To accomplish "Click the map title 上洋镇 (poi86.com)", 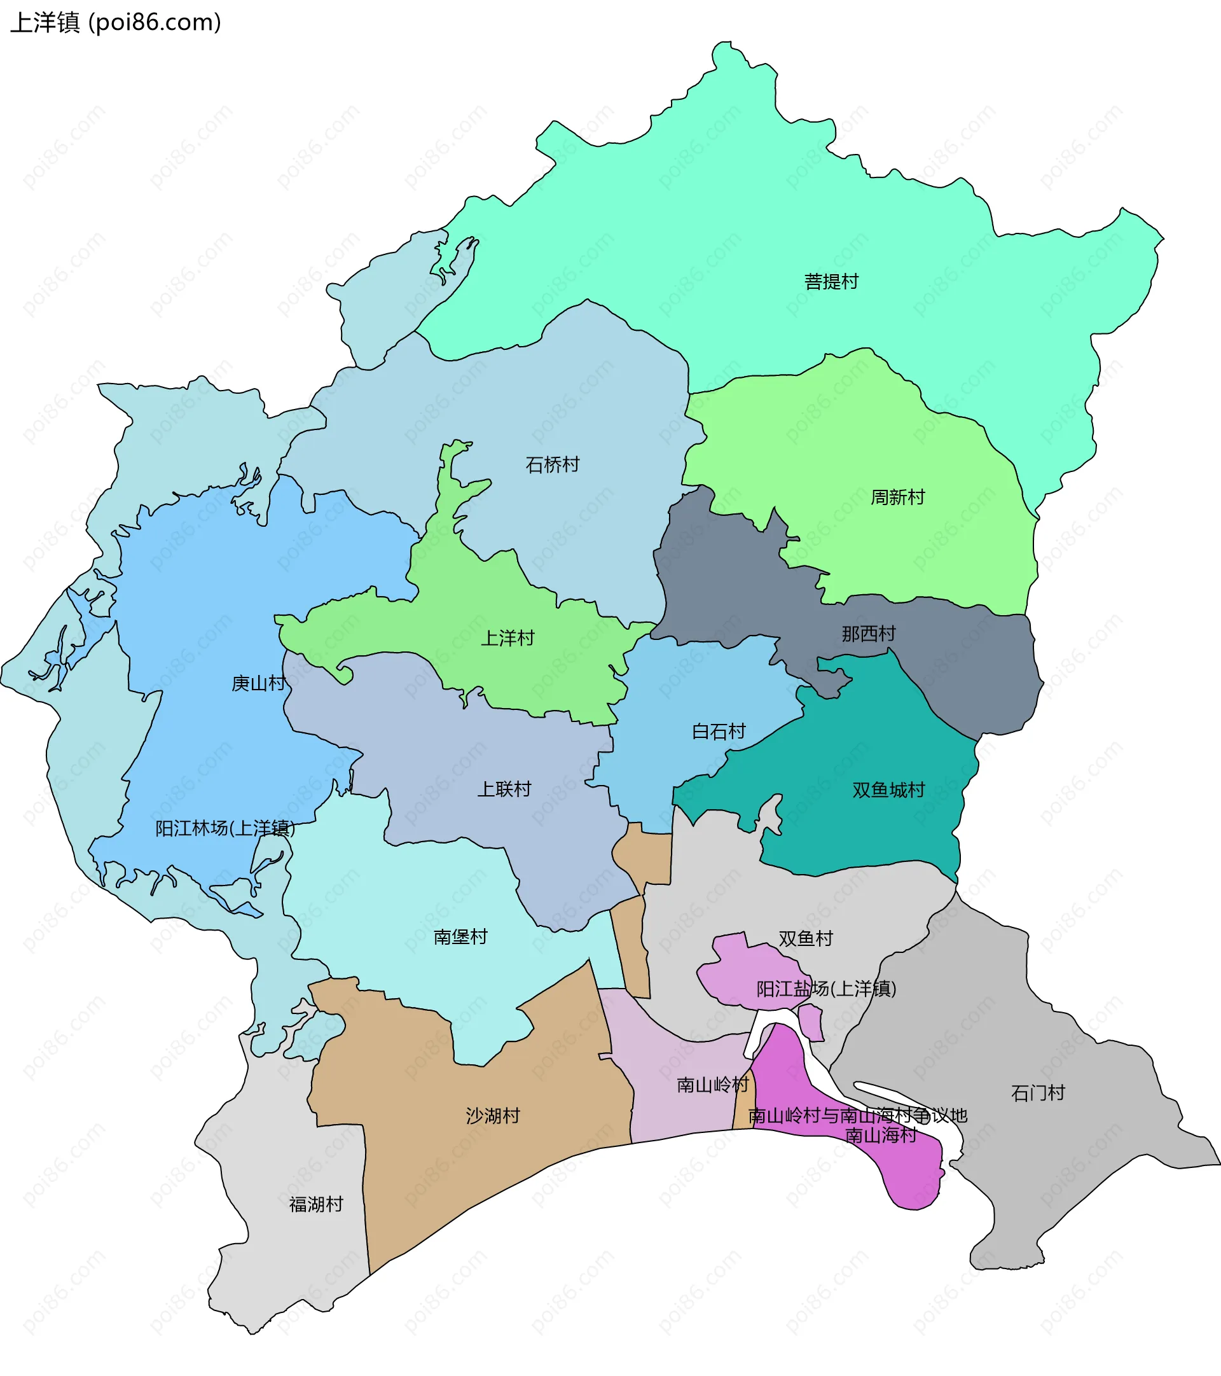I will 116,23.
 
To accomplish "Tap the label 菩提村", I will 831,281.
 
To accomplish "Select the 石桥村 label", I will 552,464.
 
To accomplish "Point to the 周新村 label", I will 897,497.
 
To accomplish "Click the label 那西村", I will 868,634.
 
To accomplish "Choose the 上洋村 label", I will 507,637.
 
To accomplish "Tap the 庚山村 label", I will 258,683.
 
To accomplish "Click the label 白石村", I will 718,731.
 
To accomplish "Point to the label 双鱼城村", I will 888,789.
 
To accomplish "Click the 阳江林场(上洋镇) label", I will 225,828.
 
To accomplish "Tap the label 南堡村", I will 460,936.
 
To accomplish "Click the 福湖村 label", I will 315,1204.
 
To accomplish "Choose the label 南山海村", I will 880,1136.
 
